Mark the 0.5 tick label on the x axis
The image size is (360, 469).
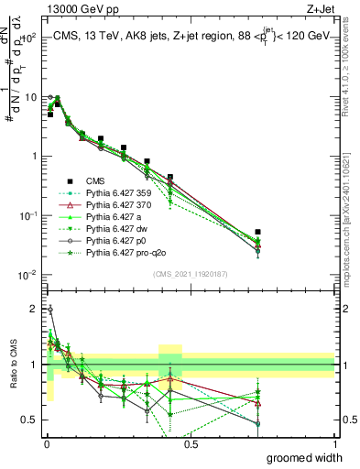point(191,443)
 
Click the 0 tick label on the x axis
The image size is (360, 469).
point(47,443)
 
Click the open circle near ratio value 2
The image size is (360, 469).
point(49,310)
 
